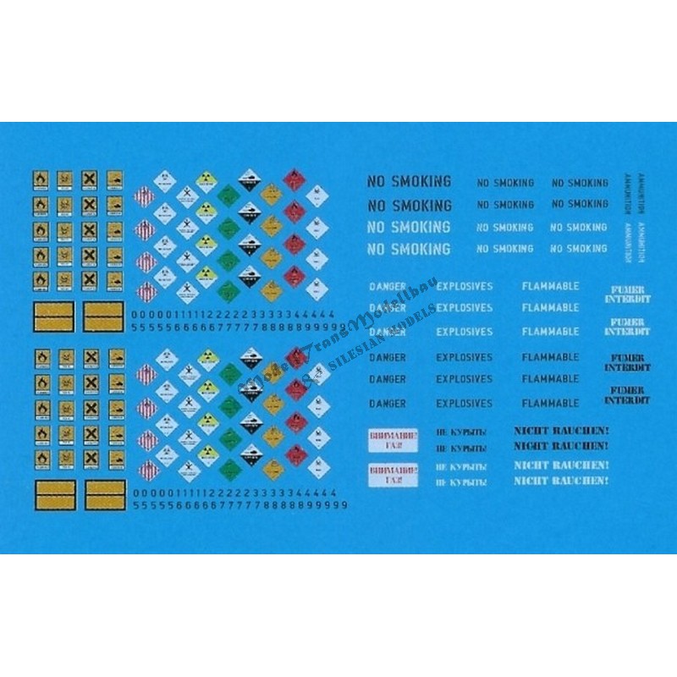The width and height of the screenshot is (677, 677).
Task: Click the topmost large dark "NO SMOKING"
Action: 409,181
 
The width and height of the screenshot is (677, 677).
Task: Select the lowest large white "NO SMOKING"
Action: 409,250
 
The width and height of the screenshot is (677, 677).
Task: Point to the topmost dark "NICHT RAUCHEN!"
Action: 561,431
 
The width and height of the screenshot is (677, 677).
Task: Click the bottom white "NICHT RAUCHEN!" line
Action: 561,481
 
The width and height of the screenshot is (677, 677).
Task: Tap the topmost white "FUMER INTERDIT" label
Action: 626,293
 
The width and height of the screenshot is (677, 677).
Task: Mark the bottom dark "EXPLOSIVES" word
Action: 464,404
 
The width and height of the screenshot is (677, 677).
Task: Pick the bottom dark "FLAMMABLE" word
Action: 550,404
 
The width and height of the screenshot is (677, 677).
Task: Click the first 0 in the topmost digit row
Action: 137,314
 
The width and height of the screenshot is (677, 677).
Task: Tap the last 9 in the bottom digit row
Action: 345,505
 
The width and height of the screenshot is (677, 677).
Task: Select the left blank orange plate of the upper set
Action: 54,316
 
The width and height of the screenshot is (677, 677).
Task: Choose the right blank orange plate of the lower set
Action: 105,496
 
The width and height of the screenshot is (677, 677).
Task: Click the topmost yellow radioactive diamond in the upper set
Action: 204,179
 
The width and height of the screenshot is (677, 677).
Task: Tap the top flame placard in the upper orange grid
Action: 40,179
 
